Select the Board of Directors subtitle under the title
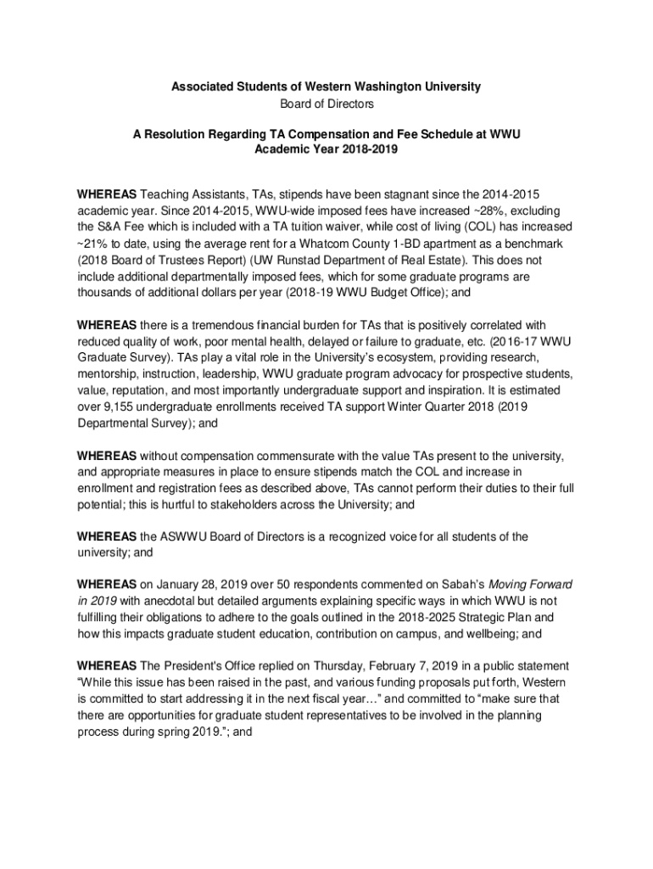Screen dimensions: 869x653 coord(326,104)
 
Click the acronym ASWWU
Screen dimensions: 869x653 coord(186,536)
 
